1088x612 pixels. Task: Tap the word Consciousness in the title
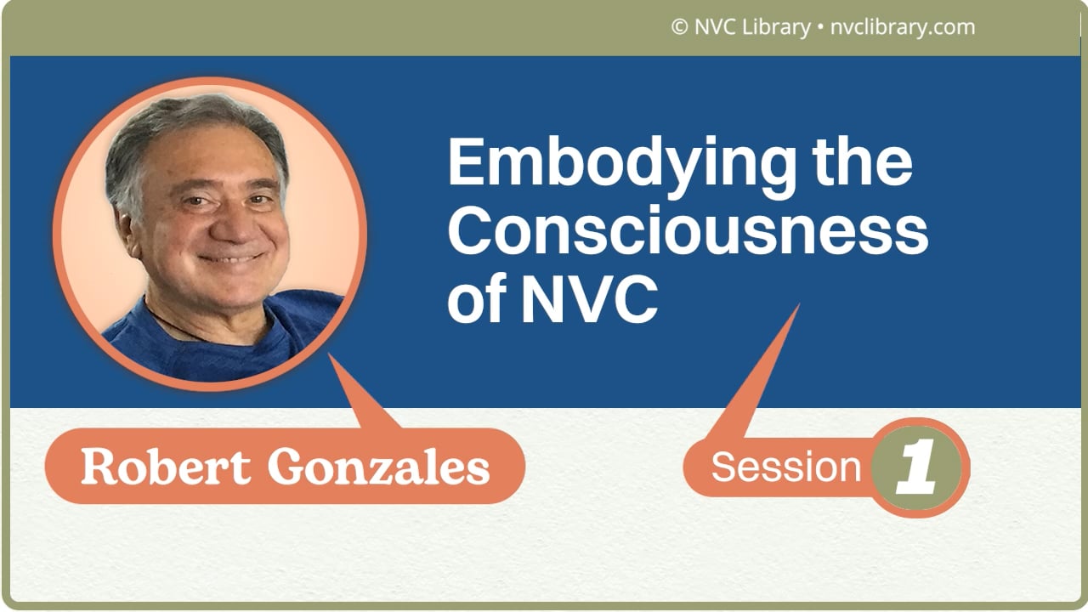click(x=687, y=231)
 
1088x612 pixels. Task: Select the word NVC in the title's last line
click(x=589, y=299)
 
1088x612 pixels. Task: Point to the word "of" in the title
click(x=475, y=299)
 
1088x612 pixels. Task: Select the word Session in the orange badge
click(x=785, y=467)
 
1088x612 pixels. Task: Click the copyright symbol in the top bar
click(x=678, y=27)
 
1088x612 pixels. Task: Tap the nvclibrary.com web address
click(x=900, y=27)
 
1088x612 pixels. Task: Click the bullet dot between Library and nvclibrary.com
click(x=819, y=28)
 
